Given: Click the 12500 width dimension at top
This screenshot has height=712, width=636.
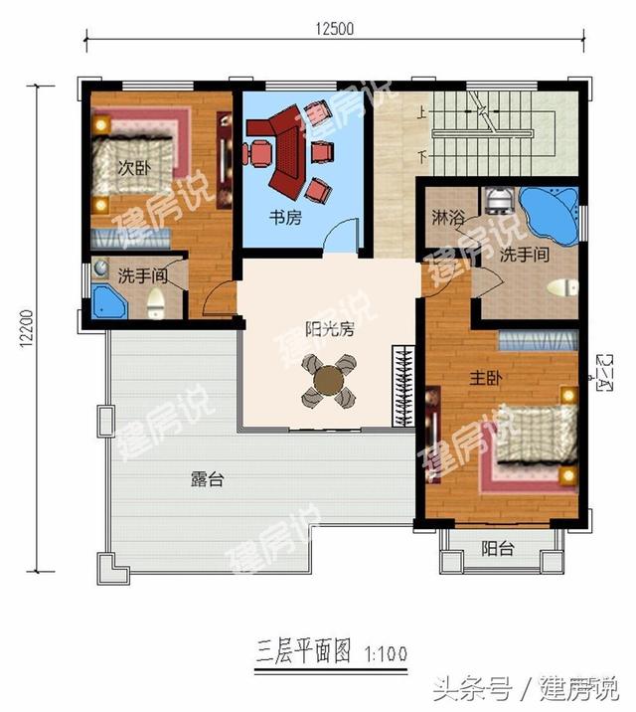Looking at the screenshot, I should (335, 28).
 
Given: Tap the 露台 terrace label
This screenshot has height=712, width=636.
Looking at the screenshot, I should (207, 478).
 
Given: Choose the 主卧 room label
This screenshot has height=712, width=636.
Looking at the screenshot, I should (484, 378).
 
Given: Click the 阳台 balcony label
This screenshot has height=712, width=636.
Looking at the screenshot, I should (498, 546).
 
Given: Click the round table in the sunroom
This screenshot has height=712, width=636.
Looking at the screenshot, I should (328, 381).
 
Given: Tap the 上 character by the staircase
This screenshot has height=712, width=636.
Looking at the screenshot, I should (423, 113).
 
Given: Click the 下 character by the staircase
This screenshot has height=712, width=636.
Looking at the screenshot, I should (423, 156).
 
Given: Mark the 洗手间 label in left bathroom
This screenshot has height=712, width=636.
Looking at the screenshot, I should (139, 274).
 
